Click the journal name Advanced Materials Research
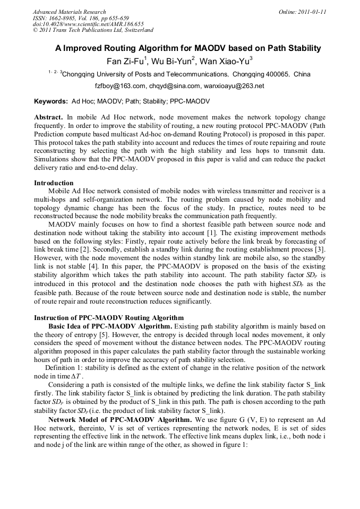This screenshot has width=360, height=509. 69,12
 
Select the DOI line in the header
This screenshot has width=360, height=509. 88,24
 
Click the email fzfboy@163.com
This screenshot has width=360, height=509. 120,86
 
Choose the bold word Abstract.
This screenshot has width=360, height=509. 49,117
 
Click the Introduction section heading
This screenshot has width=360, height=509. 54,183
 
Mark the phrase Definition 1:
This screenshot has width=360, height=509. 66,367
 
